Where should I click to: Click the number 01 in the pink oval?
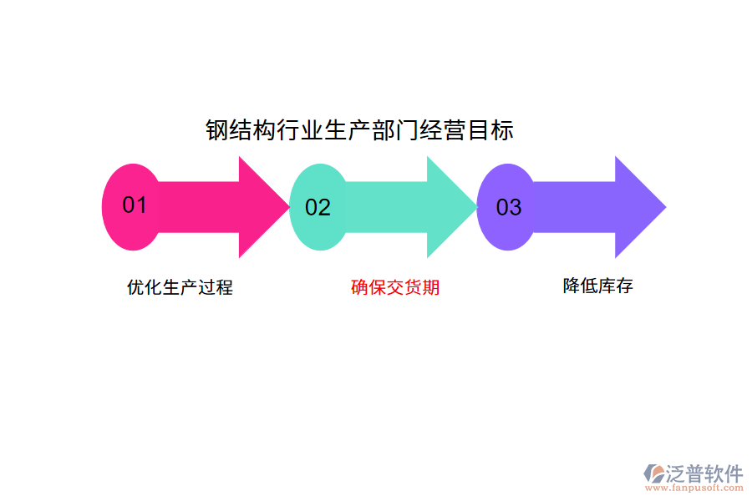click(135, 205)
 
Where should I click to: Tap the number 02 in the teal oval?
click(318, 207)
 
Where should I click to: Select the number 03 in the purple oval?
click(509, 207)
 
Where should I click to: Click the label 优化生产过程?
click(180, 287)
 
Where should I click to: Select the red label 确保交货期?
click(395, 287)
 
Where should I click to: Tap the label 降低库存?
click(598, 286)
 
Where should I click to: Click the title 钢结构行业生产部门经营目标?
click(359, 131)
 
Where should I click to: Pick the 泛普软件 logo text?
click(704, 473)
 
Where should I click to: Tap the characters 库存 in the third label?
click(616, 286)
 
